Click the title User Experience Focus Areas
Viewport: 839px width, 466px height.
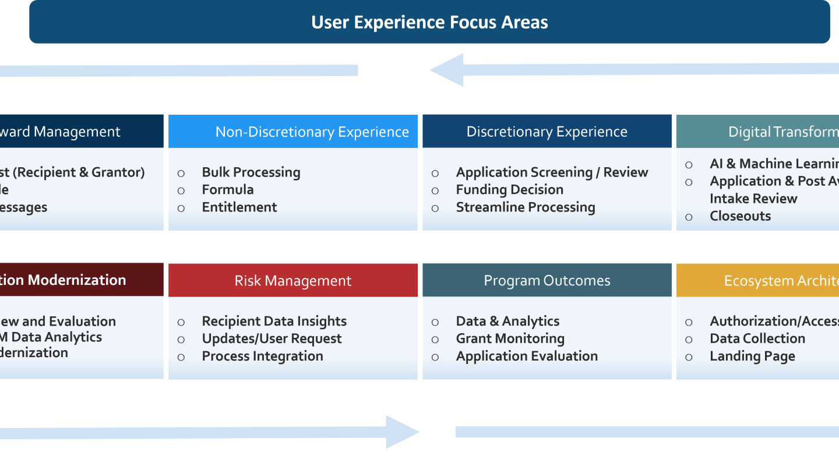tap(429, 22)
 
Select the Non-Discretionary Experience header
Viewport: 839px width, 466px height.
tap(312, 132)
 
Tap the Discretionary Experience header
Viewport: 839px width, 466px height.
tap(547, 132)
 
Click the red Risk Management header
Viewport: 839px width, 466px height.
tap(292, 281)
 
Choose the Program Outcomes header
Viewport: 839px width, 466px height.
tap(547, 281)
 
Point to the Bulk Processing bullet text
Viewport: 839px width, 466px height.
tap(251, 172)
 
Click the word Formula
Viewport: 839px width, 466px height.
tap(228, 190)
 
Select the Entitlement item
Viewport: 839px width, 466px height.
tap(239, 207)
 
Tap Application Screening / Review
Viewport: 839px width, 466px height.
tap(552, 172)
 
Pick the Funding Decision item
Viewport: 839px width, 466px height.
tap(510, 190)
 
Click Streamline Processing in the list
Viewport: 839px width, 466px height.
tap(526, 207)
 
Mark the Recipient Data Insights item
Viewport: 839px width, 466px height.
tap(274, 322)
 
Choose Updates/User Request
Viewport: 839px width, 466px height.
tap(272, 339)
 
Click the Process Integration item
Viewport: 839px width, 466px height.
tap(262, 356)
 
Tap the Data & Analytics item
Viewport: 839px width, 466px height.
tap(507, 322)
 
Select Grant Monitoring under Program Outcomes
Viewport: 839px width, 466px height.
tap(510, 339)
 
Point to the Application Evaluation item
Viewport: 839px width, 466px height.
tap(527, 356)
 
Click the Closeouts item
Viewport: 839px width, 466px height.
tap(740, 216)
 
